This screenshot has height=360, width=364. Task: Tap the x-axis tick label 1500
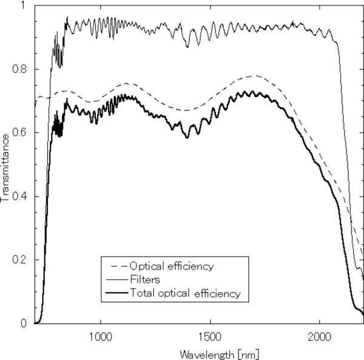(210, 335)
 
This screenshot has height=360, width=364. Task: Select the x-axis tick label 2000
(320, 335)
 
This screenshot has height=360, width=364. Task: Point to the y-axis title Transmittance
(5, 165)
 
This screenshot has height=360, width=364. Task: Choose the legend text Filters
(144, 280)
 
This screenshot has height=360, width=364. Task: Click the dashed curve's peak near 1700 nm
(255, 76)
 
